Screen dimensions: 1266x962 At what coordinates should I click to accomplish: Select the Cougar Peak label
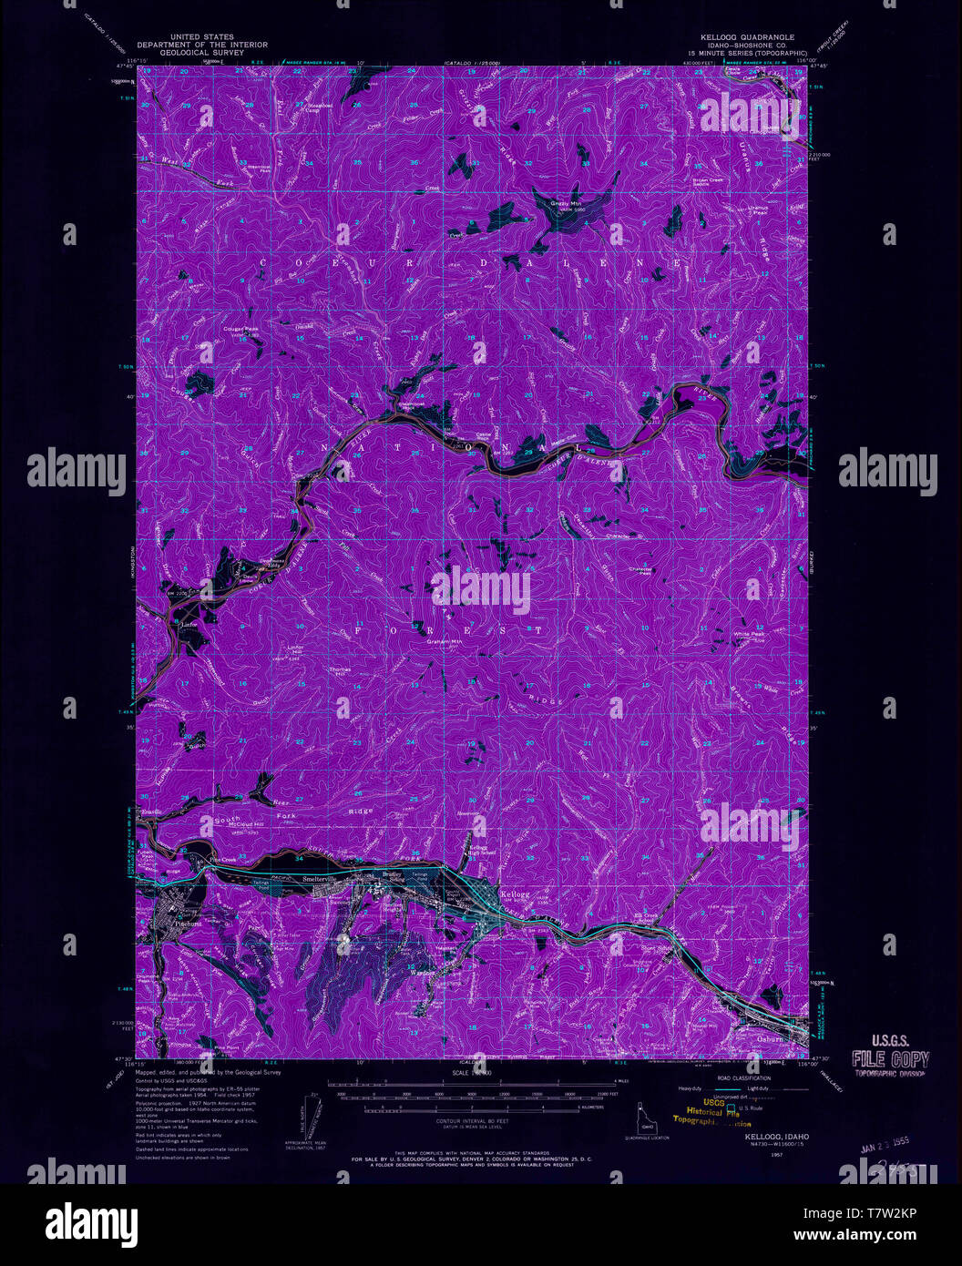tap(241, 329)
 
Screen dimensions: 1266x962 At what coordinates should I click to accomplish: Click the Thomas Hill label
tap(339, 669)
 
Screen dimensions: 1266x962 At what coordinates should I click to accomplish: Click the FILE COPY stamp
tap(890, 1059)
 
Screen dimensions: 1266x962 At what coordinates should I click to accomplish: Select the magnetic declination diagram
tap(314, 1115)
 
